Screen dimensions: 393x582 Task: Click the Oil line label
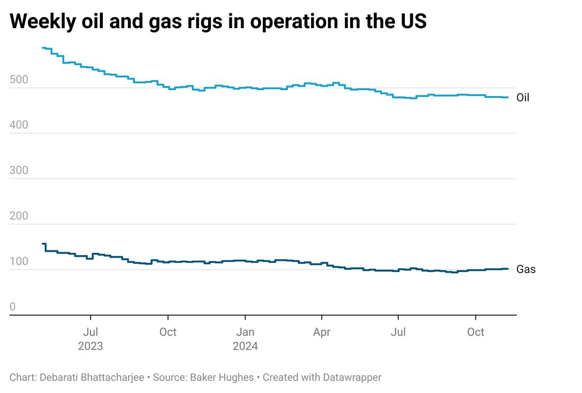(523, 98)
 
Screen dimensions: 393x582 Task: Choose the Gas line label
(526, 269)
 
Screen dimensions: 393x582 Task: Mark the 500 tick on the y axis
(18, 80)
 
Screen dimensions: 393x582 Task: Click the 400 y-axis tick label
(18, 125)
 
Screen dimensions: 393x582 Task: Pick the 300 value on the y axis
(18, 171)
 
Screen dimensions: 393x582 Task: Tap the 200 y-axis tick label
(18, 216)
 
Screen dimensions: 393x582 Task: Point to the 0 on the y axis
(13, 307)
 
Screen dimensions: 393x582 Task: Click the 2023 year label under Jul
(91, 346)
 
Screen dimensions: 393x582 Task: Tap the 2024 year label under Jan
(245, 346)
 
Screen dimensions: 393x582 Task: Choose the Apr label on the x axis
(322, 332)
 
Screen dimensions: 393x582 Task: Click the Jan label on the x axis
(245, 332)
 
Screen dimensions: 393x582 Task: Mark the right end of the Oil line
(507, 98)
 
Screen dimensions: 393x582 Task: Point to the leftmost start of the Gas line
(43, 244)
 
